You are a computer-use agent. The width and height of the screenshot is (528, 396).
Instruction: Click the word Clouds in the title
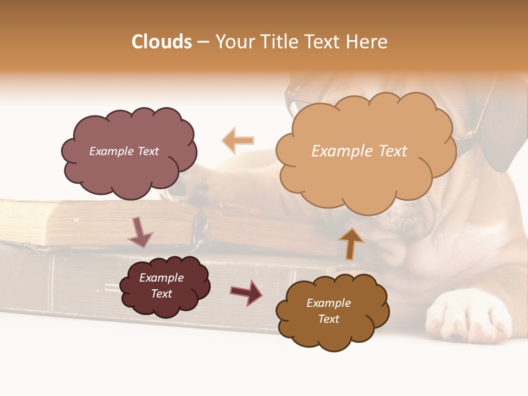click(x=162, y=42)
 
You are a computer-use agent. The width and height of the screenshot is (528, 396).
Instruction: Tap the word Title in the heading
click(x=278, y=42)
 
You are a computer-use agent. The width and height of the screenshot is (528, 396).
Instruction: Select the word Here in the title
click(x=367, y=42)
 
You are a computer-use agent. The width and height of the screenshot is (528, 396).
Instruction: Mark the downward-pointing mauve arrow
click(x=140, y=232)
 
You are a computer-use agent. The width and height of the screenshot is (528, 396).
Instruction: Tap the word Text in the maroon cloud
click(x=162, y=294)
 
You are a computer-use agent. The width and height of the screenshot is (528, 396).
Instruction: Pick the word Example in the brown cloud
click(x=328, y=303)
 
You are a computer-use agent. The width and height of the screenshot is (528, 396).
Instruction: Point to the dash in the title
click(x=203, y=42)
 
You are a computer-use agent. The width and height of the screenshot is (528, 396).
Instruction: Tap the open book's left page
click(x=99, y=220)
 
